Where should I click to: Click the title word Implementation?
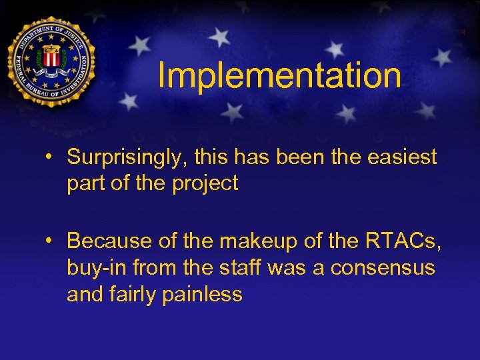tap(279, 76)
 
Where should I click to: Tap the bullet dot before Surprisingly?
tap(50, 158)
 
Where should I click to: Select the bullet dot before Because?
tap(50, 239)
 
